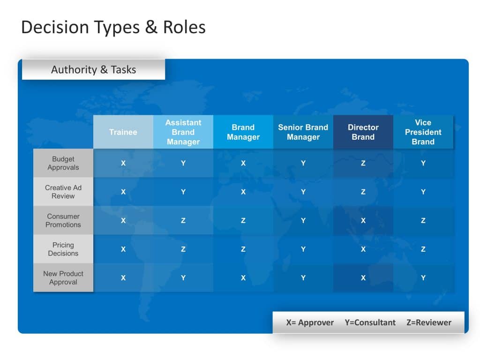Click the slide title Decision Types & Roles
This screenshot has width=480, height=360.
[x=113, y=27]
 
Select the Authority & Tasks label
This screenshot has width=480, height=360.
[x=93, y=70]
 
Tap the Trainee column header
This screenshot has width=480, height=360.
[x=123, y=132]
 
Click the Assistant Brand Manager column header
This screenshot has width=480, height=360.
[x=183, y=132]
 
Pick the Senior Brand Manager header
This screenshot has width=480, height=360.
[x=303, y=132]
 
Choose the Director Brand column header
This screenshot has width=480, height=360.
[x=363, y=132]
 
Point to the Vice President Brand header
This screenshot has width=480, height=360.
[x=423, y=132]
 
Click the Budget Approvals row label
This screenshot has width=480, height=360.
[x=63, y=163]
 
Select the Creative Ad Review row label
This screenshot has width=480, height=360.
[x=63, y=192]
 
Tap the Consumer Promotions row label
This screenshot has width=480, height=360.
[x=63, y=220]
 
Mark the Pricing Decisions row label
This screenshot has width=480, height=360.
[x=63, y=249]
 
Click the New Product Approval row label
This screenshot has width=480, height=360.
[x=63, y=277]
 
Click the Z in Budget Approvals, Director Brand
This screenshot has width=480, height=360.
[x=363, y=163]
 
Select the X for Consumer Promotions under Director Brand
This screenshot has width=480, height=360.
[x=363, y=220]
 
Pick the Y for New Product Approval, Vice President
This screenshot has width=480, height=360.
[x=423, y=277]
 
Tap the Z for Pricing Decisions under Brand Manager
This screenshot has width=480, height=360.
[x=243, y=249]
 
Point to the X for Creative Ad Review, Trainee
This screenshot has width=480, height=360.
[x=123, y=192]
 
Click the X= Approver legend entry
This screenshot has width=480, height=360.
[x=310, y=322]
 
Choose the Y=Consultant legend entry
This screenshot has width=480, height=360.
[x=370, y=322]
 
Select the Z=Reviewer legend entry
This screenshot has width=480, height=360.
[x=429, y=322]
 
